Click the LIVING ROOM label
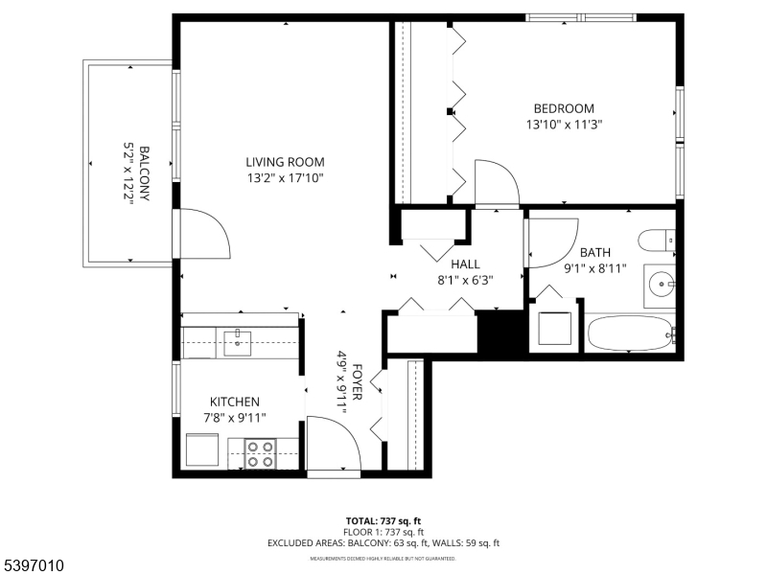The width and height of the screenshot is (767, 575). tap(284, 162)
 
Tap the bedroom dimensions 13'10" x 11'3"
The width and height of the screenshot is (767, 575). tap(564, 124)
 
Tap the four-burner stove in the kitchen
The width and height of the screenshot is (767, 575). tap(259, 452)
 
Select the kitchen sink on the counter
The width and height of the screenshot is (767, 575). tap(236, 340)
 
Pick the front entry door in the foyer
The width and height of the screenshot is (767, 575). tap(333, 443)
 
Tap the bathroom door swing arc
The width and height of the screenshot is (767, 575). tap(551, 241)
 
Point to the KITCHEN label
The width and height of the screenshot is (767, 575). tap(235, 402)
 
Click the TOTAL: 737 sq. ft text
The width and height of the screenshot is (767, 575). tap(383, 521)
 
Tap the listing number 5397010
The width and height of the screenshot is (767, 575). tap(34, 566)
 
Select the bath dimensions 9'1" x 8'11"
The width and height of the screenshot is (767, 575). tap(595, 268)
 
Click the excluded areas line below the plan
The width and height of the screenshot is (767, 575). tap(383, 543)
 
